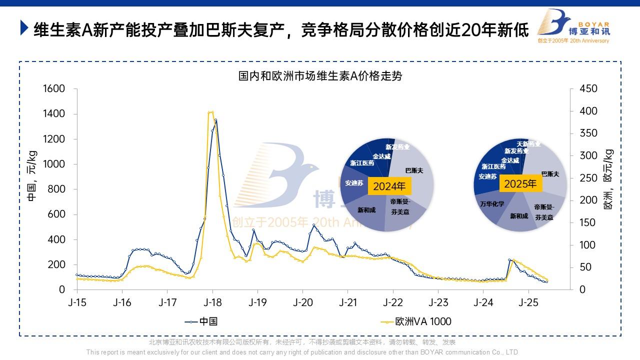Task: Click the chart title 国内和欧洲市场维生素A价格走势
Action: coord(320,76)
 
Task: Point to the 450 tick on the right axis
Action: coord(587,89)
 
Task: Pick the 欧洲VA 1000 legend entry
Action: coord(416,321)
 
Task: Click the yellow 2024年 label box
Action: coord(389,186)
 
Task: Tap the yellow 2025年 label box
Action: coord(520,183)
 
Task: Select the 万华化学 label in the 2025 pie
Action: coord(492,204)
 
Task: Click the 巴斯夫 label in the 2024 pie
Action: coord(414,170)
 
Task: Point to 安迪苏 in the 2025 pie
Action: coord(487,176)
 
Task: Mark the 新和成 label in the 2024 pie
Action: coord(366,210)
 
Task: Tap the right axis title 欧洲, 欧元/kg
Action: coord(608,179)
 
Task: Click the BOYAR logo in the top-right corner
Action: coord(572,26)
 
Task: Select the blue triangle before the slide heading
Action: coord(24,28)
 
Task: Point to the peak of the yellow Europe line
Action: coord(210,112)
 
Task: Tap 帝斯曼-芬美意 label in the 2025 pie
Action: coord(543,212)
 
